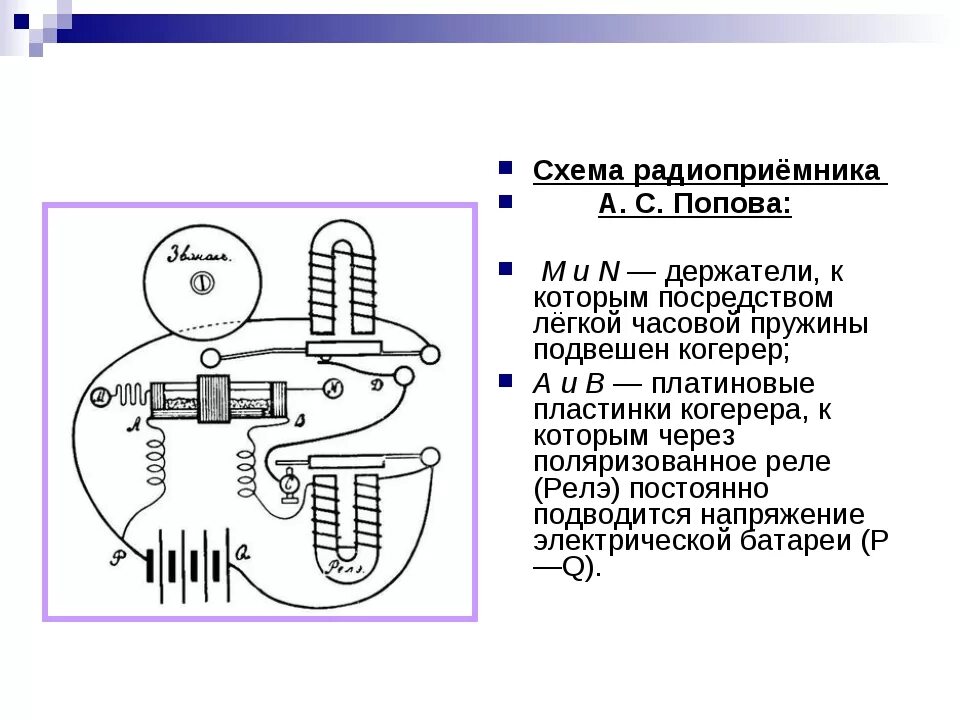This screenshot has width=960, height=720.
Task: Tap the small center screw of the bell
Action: tap(203, 283)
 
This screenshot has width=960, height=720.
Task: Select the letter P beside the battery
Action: tap(118, 557)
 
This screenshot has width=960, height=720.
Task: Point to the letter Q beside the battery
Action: tap(244, 549)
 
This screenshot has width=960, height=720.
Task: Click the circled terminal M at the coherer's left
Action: tap(100, 398)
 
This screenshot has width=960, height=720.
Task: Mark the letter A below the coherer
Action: tap(133, 422)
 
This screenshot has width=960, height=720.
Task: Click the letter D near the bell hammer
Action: tap(376, 385)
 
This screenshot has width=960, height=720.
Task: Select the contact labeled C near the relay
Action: tap(290, 484)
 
